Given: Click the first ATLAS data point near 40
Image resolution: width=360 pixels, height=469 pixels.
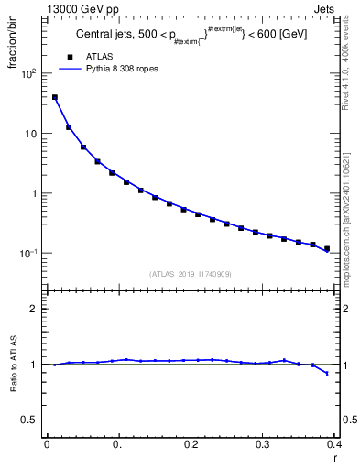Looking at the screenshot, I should click(x=55, y=97).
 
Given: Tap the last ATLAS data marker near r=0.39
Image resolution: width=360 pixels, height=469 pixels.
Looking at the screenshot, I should click(x=327, y=248).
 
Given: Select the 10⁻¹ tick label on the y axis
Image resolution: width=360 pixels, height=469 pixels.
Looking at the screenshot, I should click(x=28, y=254).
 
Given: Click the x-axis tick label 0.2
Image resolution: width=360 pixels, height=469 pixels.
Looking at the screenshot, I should click(x=191, y=444).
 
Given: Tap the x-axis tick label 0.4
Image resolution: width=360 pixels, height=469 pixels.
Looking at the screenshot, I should click(x=334, y=444).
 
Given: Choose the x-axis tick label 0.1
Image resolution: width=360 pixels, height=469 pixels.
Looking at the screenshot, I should click(x=119, y=444).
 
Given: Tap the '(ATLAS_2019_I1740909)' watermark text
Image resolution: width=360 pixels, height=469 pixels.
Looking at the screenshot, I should click(x=191, y=273).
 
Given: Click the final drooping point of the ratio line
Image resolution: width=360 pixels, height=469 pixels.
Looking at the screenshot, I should click(x=327, y=373).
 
